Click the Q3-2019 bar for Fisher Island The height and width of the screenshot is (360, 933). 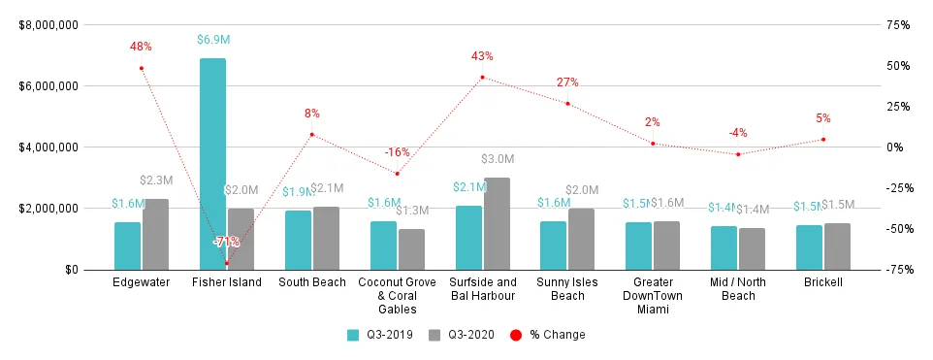point(212,164)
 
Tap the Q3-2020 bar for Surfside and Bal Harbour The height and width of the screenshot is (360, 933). point(497,223)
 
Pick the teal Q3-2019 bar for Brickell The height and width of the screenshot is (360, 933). point(809,247)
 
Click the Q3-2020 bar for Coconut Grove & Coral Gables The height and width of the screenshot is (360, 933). point(411,249)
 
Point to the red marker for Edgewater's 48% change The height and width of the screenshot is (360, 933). point(142,68)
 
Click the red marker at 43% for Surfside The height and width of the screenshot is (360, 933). point(482,77)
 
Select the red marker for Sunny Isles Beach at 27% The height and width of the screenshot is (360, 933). point(567,104)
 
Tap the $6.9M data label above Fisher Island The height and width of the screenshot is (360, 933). point(212,40)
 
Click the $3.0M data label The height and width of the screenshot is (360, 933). point(498,158)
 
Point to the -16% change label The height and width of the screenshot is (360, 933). point(397,152)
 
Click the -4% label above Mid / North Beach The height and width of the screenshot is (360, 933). point(738,133)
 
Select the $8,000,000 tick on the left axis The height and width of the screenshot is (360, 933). point(52,24)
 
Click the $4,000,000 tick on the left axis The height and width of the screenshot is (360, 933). point(52,147)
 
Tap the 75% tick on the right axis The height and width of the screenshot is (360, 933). point(898,24)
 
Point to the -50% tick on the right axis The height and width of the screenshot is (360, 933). point(896,229)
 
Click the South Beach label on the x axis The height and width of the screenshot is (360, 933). point(311,282)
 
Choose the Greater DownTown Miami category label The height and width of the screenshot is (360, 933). point(653,295)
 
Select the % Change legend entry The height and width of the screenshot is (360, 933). point(552,335)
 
